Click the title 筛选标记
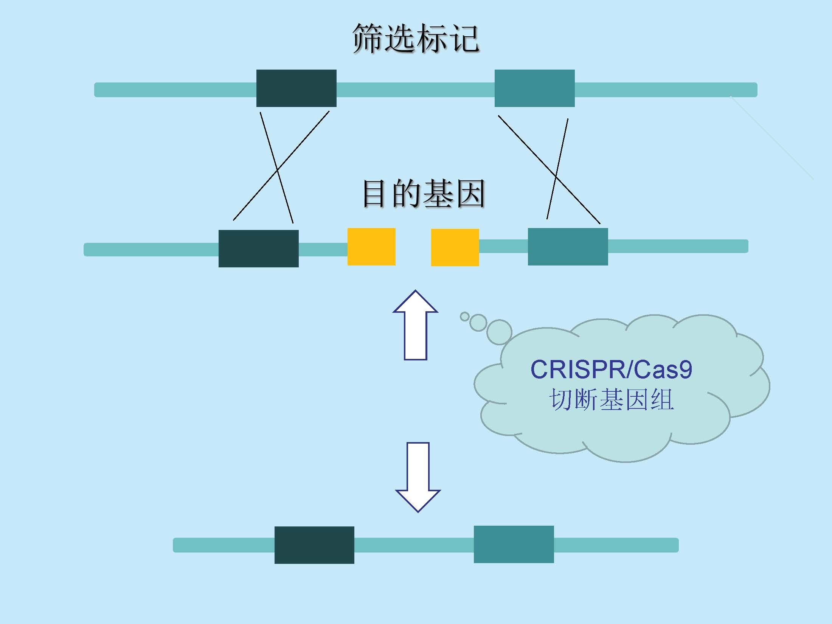click(x=416, y=39)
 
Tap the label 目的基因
click(x=424, y=194)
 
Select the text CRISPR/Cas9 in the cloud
click(x=611, y=369)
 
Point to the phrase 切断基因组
click(x=611, y=400)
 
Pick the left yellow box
click(x=371, y=247)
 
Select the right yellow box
click(x=455, y=247)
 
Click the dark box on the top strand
click(x=296, y=88)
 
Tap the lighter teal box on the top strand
click(x=534, y=88)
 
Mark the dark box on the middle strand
click(x=258, y=248)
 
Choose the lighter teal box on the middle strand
click(x=568, y=247)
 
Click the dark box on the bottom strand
click(x=314, y=545)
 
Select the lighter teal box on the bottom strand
click(x=514, y=544)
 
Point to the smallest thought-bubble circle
click(x=464, y=317)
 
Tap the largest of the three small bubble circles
click(x=499, y=332)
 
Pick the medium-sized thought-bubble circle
click(x=478, y=323)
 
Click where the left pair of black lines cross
click(x=277, y=170)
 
